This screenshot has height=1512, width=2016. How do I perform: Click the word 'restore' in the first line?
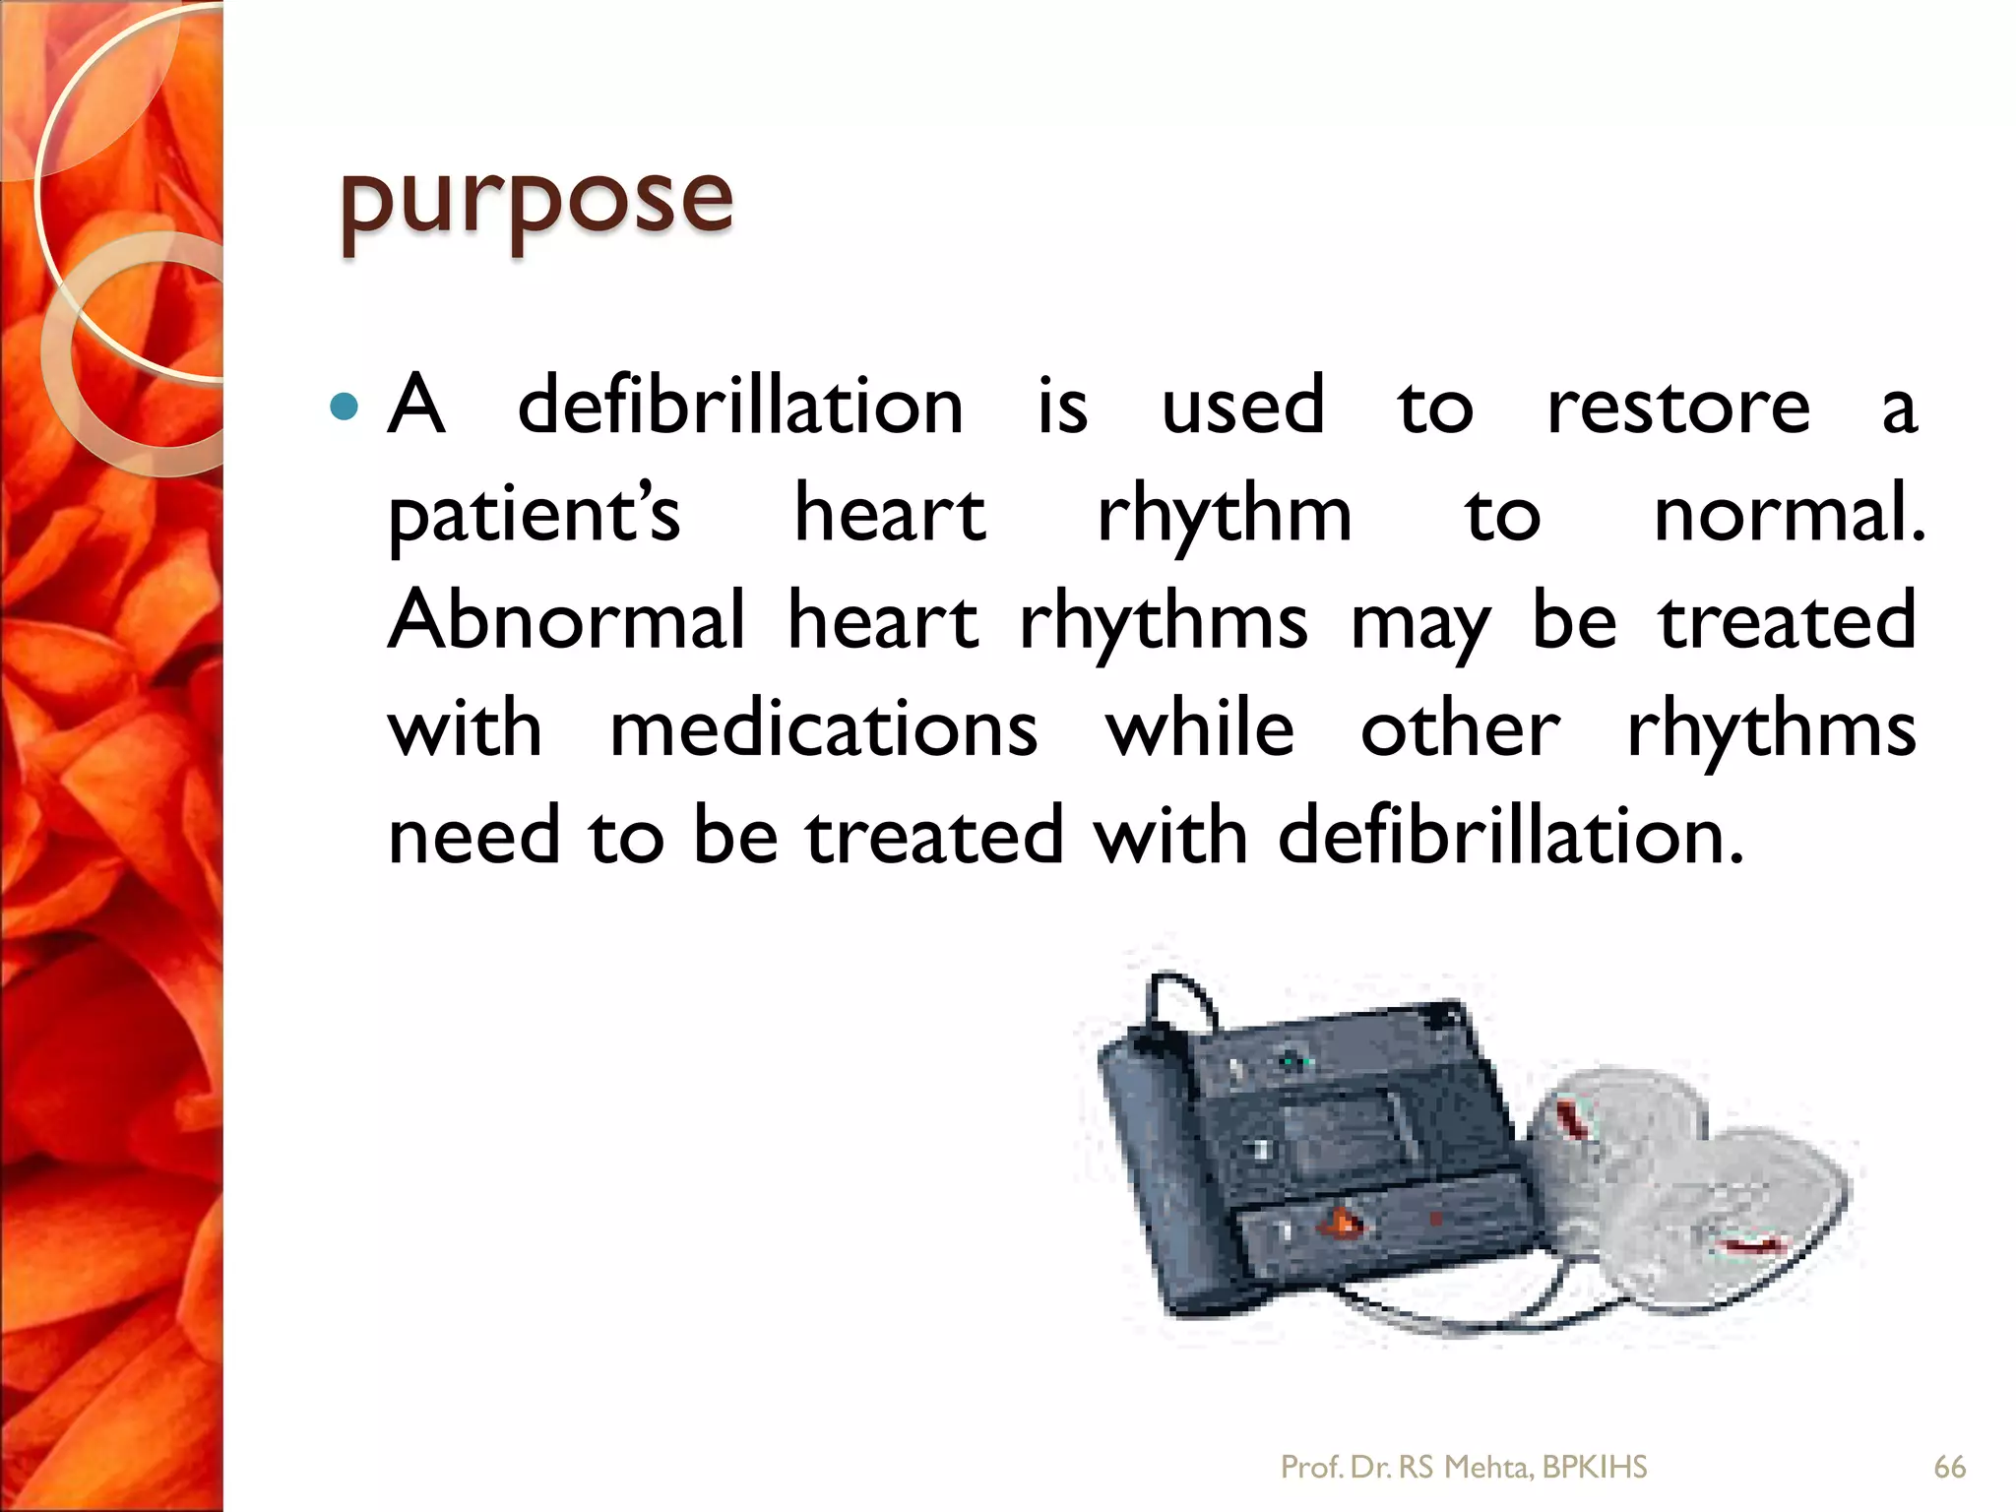1677,408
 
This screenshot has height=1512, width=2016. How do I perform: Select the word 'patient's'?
535,516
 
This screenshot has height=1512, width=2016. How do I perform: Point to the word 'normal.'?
1788,516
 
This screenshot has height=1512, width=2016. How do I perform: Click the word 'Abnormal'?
567,622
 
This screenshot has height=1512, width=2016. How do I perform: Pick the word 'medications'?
823,730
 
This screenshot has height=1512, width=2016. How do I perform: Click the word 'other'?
1459,730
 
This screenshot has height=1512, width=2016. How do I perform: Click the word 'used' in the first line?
1242,408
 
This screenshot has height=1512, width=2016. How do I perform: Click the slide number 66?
1949,1468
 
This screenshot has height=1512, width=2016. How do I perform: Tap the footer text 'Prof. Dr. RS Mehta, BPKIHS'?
1463,1468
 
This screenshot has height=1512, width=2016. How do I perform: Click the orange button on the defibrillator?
1345,1225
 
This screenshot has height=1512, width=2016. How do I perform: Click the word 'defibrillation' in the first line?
740,408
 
